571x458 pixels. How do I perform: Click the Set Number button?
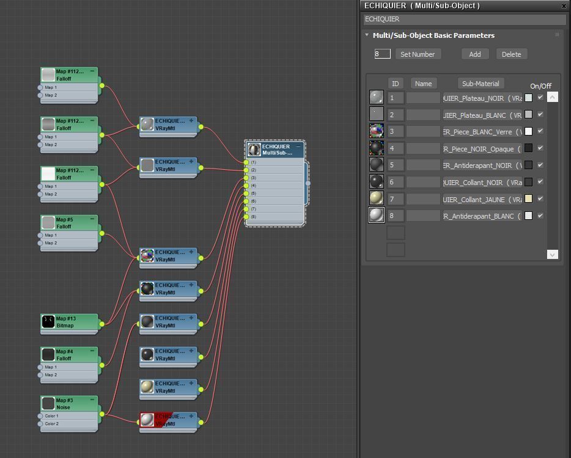point(418,54)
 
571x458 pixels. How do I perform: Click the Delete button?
point(511,54)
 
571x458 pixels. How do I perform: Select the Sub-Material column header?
point(481,84)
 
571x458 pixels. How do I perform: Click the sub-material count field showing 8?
point(382,54)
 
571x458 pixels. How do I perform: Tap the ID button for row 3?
point(395,131)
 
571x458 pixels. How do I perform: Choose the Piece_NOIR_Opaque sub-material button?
point(482,148)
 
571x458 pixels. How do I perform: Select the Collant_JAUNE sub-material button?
point(482,199)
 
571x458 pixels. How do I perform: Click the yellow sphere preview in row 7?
point(377,198)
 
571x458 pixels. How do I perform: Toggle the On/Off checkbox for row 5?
point(540,165)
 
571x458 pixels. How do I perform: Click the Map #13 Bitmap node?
point(69,322)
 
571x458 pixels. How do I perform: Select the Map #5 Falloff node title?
point(69,223)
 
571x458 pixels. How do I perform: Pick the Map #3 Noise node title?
point(69,404)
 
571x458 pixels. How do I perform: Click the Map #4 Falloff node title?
point(69,355)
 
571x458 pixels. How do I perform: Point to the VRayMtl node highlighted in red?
point(169,420)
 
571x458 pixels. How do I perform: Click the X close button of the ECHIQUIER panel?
point(564,5)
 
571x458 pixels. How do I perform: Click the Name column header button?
point(423,84)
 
